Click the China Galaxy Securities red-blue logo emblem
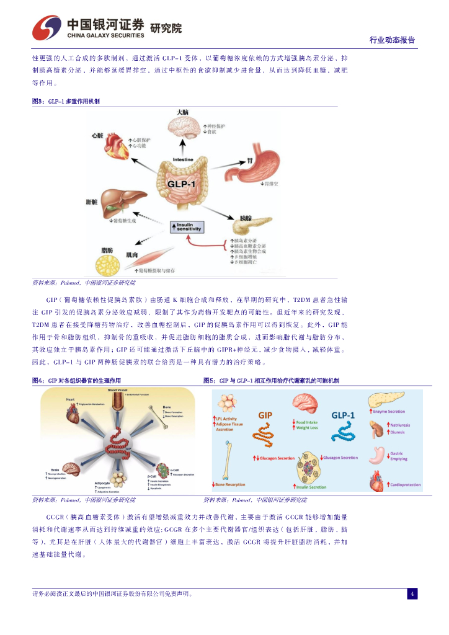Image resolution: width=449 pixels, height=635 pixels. (47, 28)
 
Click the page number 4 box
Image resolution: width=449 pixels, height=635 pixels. (412, 594)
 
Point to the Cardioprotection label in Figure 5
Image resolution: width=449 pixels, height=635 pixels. (404, 485)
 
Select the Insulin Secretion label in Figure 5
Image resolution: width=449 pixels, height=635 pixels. (311, 487)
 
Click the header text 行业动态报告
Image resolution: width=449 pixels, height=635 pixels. (392, 40)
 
